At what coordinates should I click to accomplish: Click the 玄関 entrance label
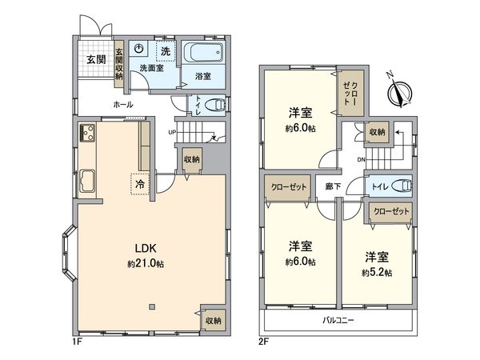(96, 60)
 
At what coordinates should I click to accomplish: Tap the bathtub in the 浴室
(203, 56)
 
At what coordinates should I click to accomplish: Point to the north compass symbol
(398, 94)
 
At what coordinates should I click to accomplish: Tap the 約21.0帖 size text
(145, 264)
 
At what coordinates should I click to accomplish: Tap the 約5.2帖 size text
(376, 273)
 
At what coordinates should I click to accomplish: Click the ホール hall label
(122, 104)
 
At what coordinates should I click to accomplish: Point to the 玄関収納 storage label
(118, 60)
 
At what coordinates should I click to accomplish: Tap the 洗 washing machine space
(164, 52)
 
